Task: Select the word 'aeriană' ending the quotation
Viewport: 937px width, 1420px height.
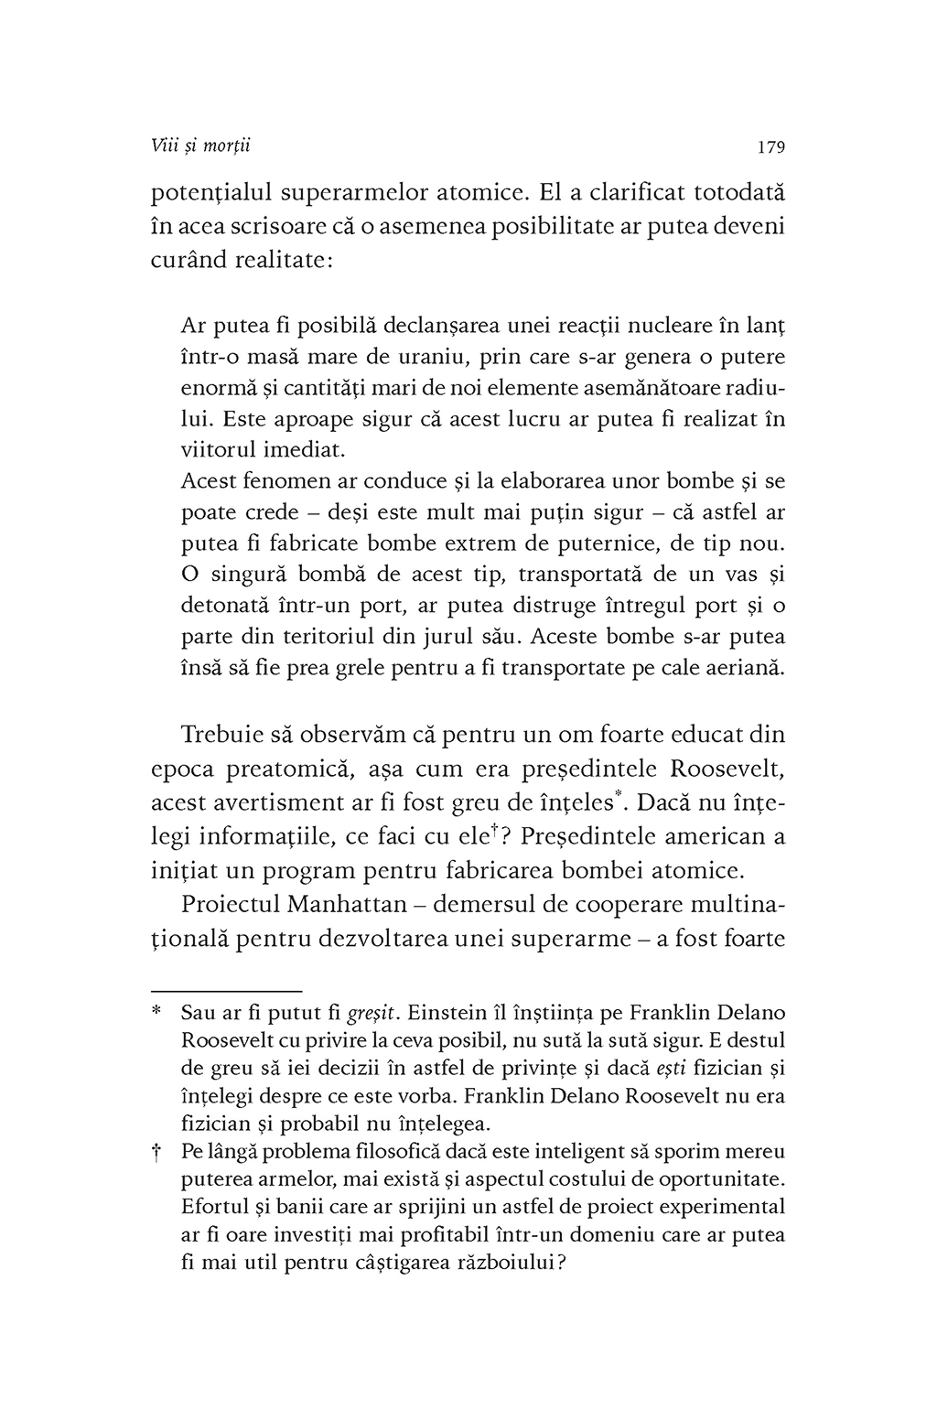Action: [748, 668]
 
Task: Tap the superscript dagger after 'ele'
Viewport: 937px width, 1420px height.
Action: [493, 828]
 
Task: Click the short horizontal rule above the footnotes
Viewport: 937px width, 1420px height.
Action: [226, 991]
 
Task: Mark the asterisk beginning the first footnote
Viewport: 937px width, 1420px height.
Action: [156, 1013]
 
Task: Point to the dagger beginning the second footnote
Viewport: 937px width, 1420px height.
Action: [156, 1152]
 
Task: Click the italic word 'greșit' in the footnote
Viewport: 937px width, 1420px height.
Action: [374, 1014]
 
